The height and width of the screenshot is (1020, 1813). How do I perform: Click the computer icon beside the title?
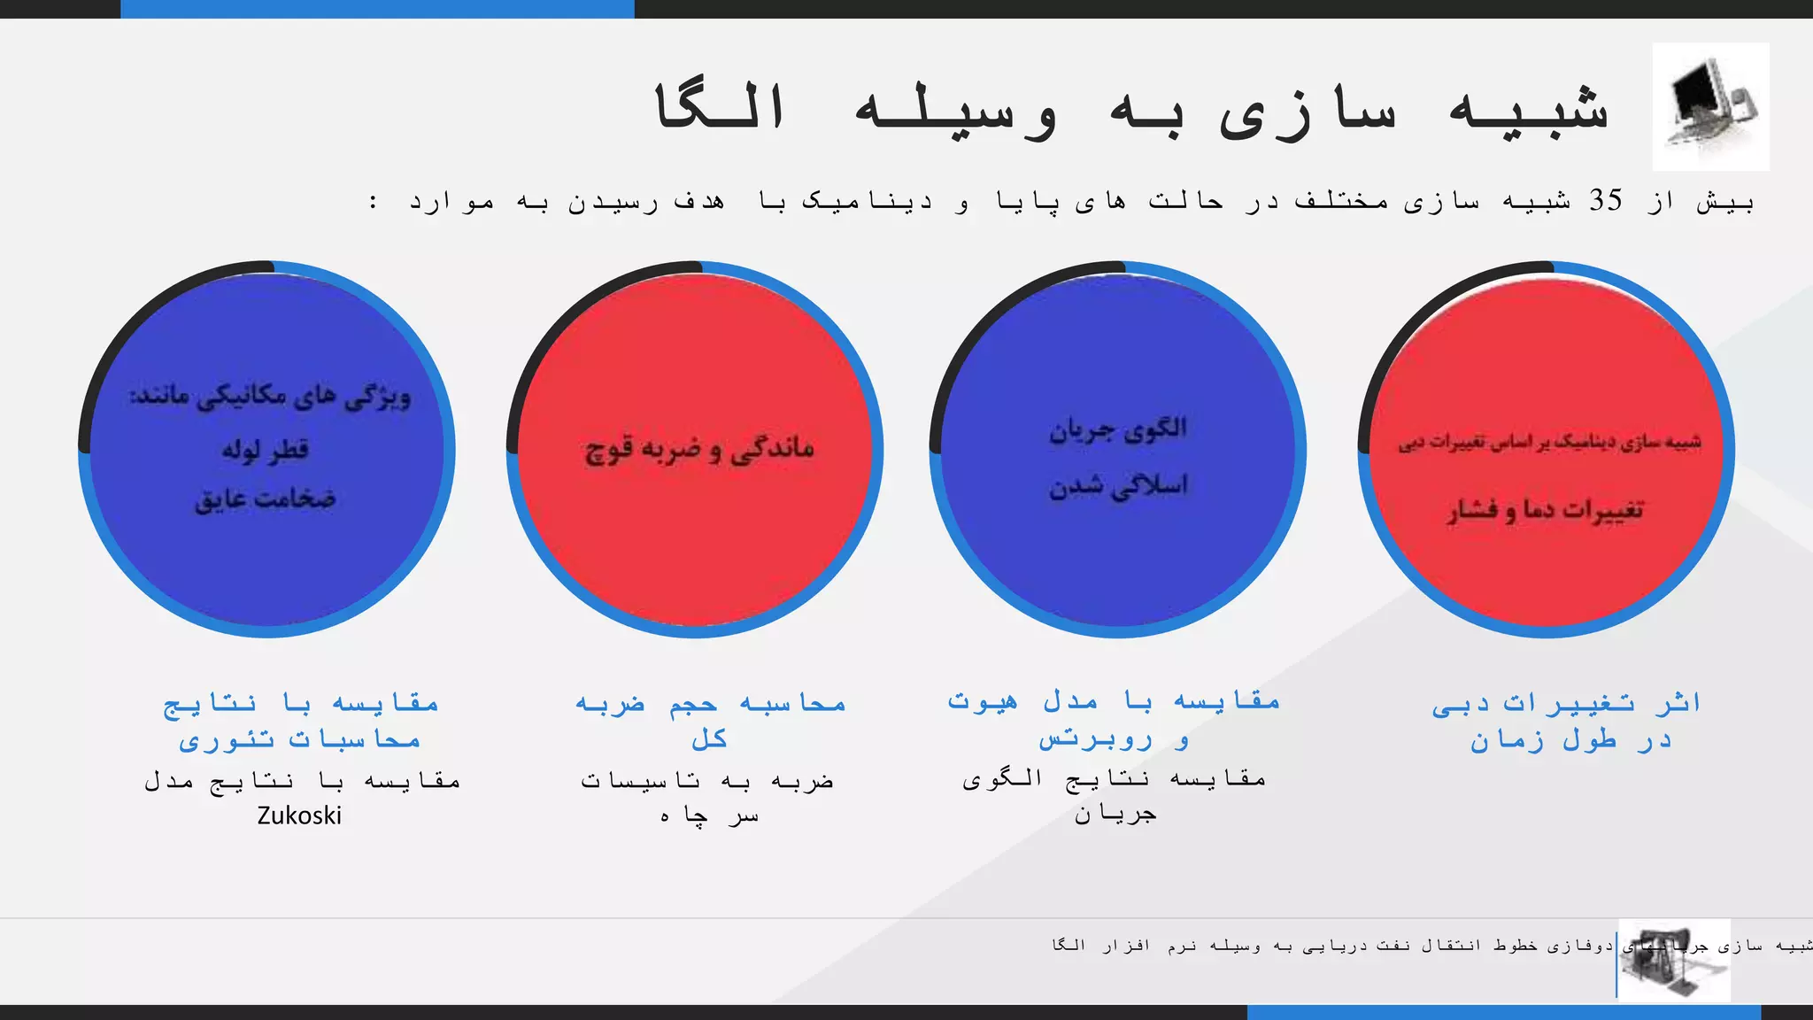(x=1710, y=106)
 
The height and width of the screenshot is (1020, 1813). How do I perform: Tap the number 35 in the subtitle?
(x=1605, y=201)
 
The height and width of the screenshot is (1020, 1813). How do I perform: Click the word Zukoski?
(x=299, y=815)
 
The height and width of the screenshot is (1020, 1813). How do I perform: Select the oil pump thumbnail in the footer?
(x=1673, y=960)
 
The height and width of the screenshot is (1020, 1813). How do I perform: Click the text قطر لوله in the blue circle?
(x=265, y=449)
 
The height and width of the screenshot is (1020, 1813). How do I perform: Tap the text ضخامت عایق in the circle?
(x=265, y=498)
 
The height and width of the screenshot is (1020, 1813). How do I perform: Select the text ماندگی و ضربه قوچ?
(x=699, y=448)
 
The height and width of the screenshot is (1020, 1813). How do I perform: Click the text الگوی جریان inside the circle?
(x=1118, y=429)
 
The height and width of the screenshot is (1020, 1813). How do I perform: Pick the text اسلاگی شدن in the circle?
(x=1118, y=485)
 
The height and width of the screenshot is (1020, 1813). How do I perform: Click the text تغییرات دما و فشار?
(x=1546, y=509)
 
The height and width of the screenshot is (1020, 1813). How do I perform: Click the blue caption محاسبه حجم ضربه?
(x=711, y=704)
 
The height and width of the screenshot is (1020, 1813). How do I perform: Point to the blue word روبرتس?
(x=1096, y=738)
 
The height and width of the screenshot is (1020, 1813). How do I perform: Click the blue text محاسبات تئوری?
(x=299, y=739)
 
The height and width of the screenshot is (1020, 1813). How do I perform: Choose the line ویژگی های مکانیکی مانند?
(x=271, y=397)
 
